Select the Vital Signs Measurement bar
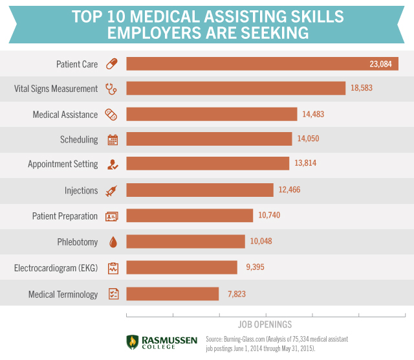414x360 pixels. pos(236,89)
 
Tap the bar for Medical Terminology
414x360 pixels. pos(173,294)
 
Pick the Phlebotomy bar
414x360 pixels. pos(186,242)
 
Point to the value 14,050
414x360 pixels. pos(308,139)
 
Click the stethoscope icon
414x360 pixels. pos(112,89)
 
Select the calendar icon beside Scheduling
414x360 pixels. pos(112,139)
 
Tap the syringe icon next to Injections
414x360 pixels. pos(112,190)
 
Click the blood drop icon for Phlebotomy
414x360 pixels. pos(113,242)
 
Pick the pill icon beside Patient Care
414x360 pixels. pos(112,63)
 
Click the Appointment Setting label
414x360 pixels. pos(63,164)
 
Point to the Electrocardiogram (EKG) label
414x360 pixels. pos(56,267)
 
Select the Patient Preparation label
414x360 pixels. pos(65,216)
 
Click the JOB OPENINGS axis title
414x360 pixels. pos(265,324)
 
